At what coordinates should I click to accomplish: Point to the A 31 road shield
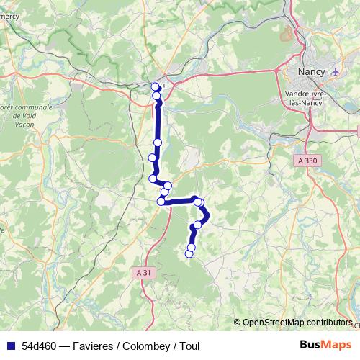pyautogui.click(x=144, y=272)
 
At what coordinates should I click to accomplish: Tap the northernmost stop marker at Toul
pyautogui.click(x=156, y=87)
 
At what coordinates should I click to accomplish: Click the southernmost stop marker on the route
pyautogui.click(x=189, y=253)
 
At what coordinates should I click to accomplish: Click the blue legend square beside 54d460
pyautogui.click(x=11, y=346)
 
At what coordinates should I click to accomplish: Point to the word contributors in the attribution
pyautogui.click(x=330, y=323)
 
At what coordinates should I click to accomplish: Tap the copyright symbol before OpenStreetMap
pyautogui.click(x=238, y=323)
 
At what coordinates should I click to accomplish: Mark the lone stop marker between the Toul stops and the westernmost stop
pyautogui.click(x=156, y=143)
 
